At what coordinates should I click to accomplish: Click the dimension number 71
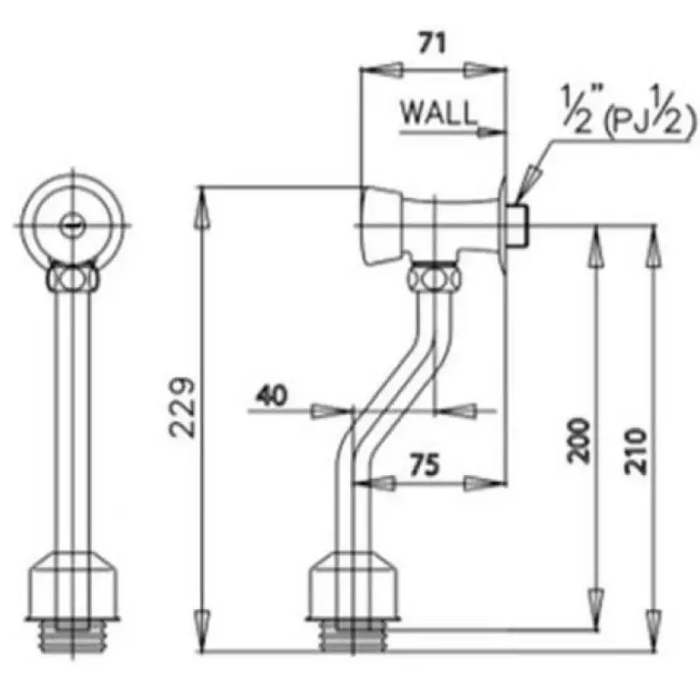tap(434, 42)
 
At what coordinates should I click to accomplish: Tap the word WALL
tap(439, 113)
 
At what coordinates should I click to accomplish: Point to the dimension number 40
tap(271, 396)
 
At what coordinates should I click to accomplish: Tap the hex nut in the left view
tap(73, 278)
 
